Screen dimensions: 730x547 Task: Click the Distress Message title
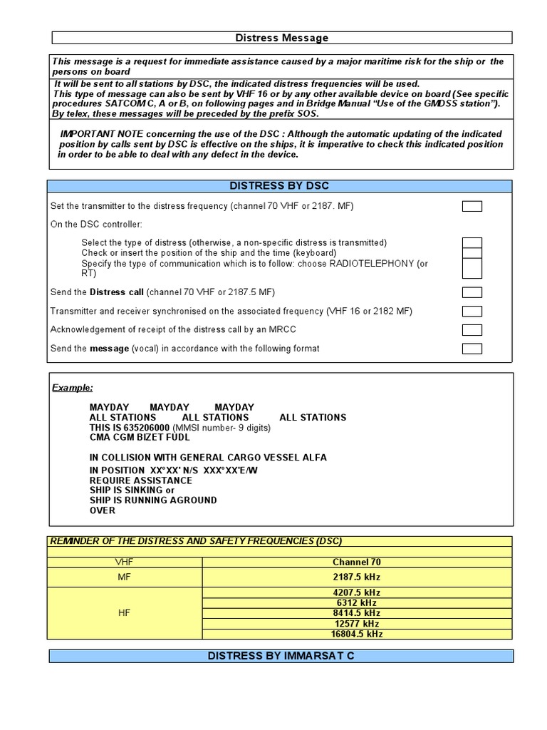pos(281,38)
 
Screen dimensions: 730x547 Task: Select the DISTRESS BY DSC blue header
pos(280,186)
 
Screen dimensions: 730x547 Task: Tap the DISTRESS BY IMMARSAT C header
pos(280,656)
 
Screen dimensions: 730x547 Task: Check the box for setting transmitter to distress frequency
pos(472,207)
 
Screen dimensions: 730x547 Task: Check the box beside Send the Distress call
pos(472,292)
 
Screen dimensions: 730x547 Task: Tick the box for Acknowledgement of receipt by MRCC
pos(472,330)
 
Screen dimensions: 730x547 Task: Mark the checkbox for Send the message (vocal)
pos(472,349)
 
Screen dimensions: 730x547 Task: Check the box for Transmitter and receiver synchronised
pos(472,311)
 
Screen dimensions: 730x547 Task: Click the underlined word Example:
pos(72,388)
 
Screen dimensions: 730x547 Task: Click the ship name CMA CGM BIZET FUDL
pos(140,437)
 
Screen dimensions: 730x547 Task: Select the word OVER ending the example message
pos(102,510)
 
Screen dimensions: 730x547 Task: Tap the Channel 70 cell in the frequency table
pos(356,562)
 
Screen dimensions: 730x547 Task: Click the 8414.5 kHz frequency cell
pos(356,613)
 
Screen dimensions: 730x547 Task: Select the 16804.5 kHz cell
pos(356,634)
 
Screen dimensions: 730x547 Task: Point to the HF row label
pos(125,613)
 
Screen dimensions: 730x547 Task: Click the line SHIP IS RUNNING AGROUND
pos(153,500)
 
